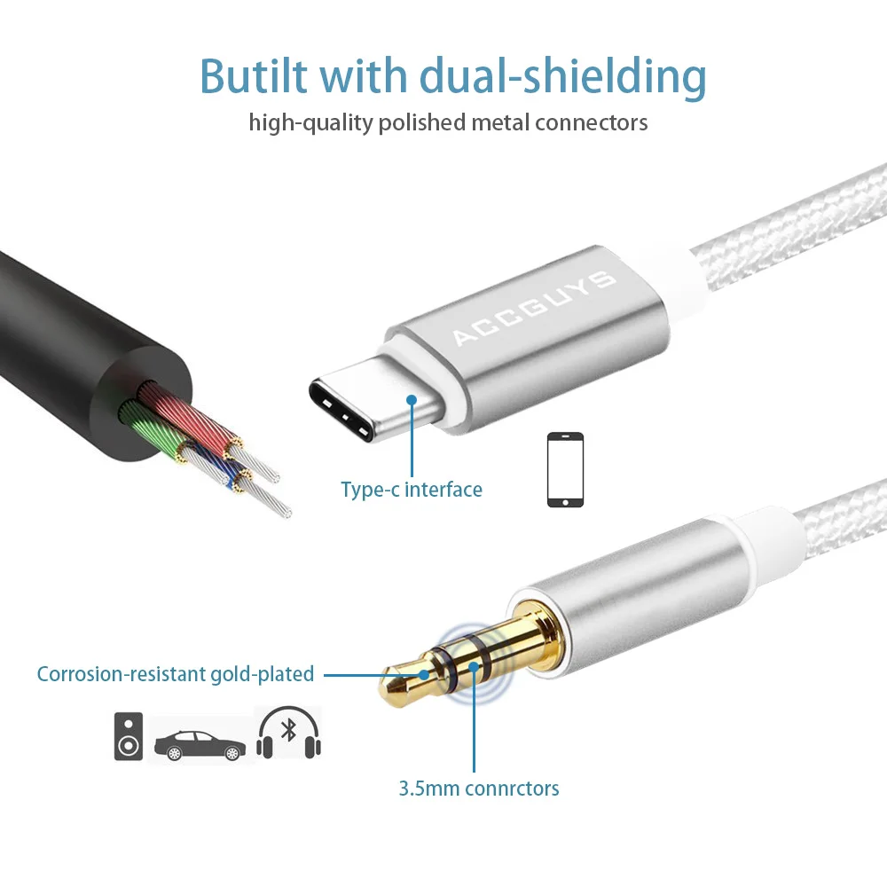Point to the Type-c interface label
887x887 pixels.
click(412, 490)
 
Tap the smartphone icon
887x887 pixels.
click(565, 469)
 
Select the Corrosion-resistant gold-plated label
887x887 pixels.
click(176, 674)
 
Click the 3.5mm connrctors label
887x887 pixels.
click(479, 788)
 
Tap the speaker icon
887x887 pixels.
click(129, 735)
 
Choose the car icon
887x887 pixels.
click(200, 745)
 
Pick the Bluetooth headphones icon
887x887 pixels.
click(288, 734)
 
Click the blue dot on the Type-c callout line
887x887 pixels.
click(412, 400)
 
